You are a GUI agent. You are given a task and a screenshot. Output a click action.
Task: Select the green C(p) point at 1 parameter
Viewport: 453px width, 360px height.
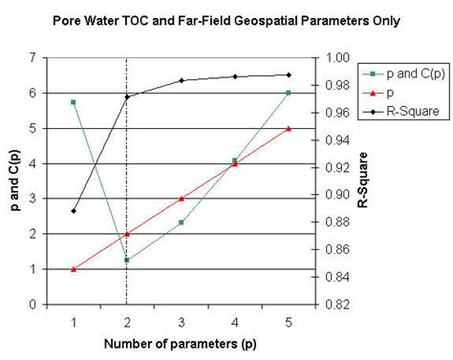pos(73,101)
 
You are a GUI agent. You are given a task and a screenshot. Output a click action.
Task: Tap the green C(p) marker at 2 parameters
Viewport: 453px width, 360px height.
pos(127,260)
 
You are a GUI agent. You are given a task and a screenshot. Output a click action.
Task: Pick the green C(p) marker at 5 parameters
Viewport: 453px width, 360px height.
pos(289,93)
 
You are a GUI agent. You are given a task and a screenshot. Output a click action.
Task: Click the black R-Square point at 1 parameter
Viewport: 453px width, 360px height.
pos(73,211)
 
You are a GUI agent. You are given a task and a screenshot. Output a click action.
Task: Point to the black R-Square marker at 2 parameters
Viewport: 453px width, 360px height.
pos(127,96)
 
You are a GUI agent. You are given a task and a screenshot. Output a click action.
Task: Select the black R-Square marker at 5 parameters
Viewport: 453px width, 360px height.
pos(289,74)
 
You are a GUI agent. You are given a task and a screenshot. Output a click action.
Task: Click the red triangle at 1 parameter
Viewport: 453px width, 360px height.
pos(73,269)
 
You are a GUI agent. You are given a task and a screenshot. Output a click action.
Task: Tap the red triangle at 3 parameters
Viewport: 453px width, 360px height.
pos(181,199)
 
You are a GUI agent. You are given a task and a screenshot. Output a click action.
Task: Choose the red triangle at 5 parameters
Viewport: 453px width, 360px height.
pos(289,128)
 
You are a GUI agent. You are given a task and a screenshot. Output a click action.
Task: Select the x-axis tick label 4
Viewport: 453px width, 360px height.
pos(235,321)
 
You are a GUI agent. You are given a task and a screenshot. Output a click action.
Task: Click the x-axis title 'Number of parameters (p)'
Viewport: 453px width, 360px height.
pos(182,342)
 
